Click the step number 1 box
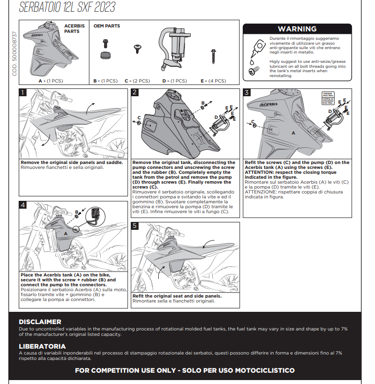click(x=23, y=92)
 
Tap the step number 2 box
click(x=135, y=92)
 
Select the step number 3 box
click(x=247, y=92)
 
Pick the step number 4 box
click(x=23, y=205)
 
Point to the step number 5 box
click(x=135, y=226)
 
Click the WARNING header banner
click(x=297, y=29)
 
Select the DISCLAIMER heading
click(x=40, y=322)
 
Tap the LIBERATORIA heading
click(x=42, y=346)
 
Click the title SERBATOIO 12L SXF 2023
click(x=67, y=7)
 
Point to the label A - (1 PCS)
click(x=51, y=81)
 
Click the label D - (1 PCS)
click(x=174, y=81)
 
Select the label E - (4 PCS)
click(x=213, y=81)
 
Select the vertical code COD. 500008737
click(x=14, y=54)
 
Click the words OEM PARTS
click(x=107, y=26)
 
